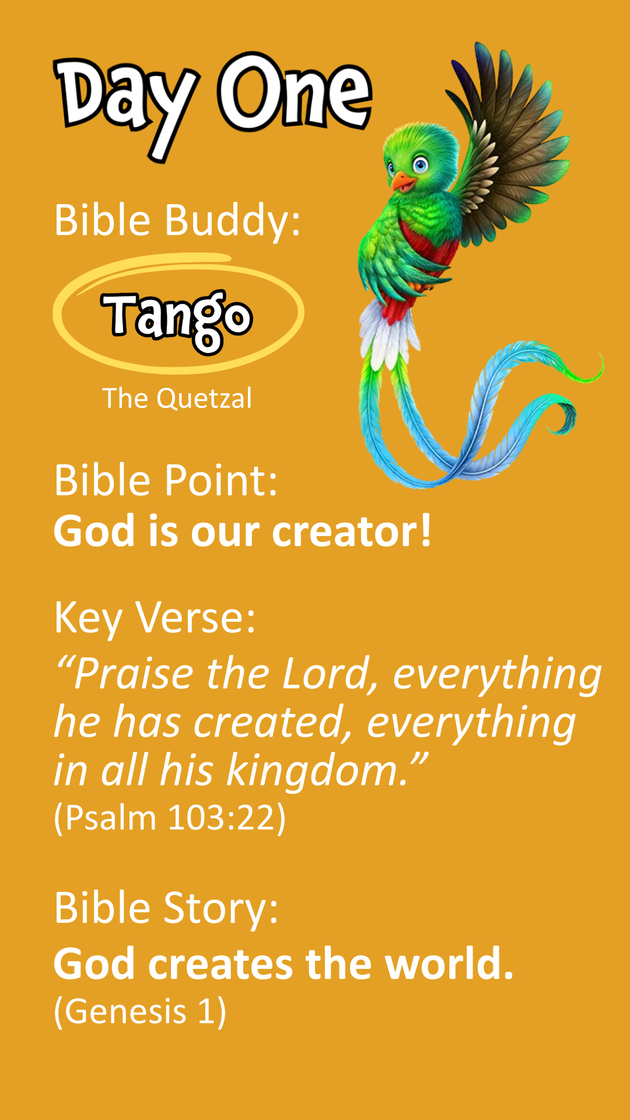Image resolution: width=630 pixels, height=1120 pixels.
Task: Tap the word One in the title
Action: (295, 93)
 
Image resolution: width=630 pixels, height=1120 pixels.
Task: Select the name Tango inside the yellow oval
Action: (178, 318)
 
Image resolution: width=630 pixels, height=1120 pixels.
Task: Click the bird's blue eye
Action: (420, 165)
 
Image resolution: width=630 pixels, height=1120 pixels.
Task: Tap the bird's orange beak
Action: (402, 183)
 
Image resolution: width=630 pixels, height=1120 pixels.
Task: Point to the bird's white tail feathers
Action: (388, 335)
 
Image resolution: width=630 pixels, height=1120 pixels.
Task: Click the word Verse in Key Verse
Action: (195, 617)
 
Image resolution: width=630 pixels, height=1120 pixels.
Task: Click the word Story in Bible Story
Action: (221, 909)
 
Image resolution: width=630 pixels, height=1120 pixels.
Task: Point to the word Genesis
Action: (125, 1012)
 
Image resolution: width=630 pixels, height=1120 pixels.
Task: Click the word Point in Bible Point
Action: (221, 481)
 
